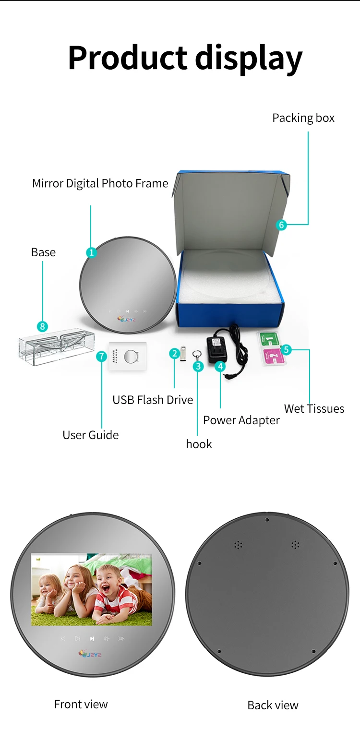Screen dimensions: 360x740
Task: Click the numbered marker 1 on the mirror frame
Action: [91, 252]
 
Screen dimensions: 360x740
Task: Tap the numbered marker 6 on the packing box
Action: [282, 224]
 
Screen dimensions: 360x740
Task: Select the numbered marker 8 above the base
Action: [43, 327]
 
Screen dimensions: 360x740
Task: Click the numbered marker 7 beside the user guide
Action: [101, 357]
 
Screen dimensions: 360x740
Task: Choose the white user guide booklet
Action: [127, 356]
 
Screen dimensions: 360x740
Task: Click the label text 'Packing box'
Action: [303, 118]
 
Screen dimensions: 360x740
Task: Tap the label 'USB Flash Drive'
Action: [153, 400]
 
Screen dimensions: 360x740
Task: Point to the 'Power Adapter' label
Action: [241, 420]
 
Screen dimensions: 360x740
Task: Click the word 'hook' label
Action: [199, 444]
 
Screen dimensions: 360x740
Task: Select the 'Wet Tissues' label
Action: [314, 409]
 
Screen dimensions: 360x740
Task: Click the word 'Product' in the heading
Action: [128, 58]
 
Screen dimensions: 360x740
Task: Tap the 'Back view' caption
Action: [273, 705]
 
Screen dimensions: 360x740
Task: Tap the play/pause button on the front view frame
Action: [92, 639]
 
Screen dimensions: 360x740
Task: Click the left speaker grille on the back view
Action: [238, 545]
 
